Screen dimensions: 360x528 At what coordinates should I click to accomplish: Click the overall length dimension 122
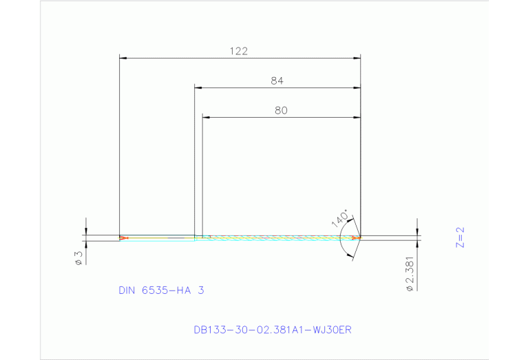(238, 51)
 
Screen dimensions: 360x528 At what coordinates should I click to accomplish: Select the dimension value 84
(277, 81)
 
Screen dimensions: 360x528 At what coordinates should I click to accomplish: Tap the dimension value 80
(280, 110)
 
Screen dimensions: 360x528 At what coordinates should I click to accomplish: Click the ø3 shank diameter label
(79, 257)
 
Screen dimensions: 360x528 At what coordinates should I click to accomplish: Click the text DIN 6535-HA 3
(161, 290)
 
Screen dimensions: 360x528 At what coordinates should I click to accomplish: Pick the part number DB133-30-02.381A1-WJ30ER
(273, 330)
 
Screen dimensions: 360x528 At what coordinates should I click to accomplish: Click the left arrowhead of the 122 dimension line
(123, 59)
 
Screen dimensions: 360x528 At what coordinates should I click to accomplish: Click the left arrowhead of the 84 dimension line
(198, 88)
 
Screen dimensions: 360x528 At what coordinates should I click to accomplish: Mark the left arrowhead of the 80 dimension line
(206, 118)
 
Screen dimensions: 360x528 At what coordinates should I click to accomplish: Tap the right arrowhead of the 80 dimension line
(357, 118)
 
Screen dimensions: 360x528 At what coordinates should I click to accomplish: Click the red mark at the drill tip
(356, 238)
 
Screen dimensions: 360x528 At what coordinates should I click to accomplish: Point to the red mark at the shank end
(124, 238)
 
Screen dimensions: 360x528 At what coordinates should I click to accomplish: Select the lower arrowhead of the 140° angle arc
(350, 256)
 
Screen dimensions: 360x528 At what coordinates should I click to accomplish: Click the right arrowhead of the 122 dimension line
(357, 59)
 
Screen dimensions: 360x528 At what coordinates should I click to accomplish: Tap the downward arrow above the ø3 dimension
(86, 231)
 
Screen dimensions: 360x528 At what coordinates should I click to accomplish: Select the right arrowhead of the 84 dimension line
(357, 88)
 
